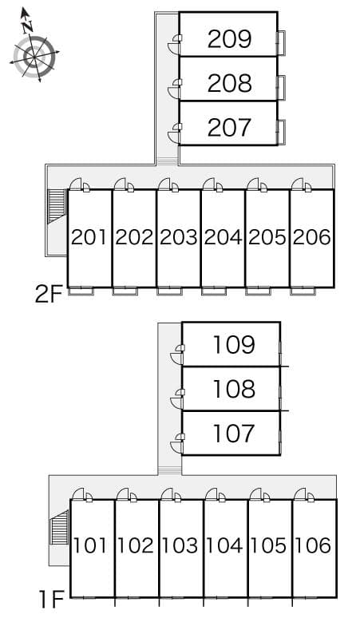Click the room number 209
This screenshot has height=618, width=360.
(229, 38)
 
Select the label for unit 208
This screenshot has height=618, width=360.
(229, 83)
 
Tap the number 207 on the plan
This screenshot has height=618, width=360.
(229, 127)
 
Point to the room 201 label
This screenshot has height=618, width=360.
(89, 237)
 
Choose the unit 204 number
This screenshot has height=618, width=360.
(223, 237)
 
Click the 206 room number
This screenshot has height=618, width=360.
(312, 237)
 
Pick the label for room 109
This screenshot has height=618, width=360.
(234, 344)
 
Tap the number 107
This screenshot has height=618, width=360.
(234, 433)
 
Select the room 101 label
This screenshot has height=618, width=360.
(90, 545)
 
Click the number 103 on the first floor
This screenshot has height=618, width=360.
(180, 545)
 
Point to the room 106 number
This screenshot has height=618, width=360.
(313, 545)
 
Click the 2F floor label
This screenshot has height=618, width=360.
(49, 294)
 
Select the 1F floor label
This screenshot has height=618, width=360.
(51, 600)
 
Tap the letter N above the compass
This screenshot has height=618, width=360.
(27, 27)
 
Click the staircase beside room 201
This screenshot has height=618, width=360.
(57, 207)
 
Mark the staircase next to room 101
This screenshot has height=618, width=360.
(60, 527)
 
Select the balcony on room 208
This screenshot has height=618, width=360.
(281, 87)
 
